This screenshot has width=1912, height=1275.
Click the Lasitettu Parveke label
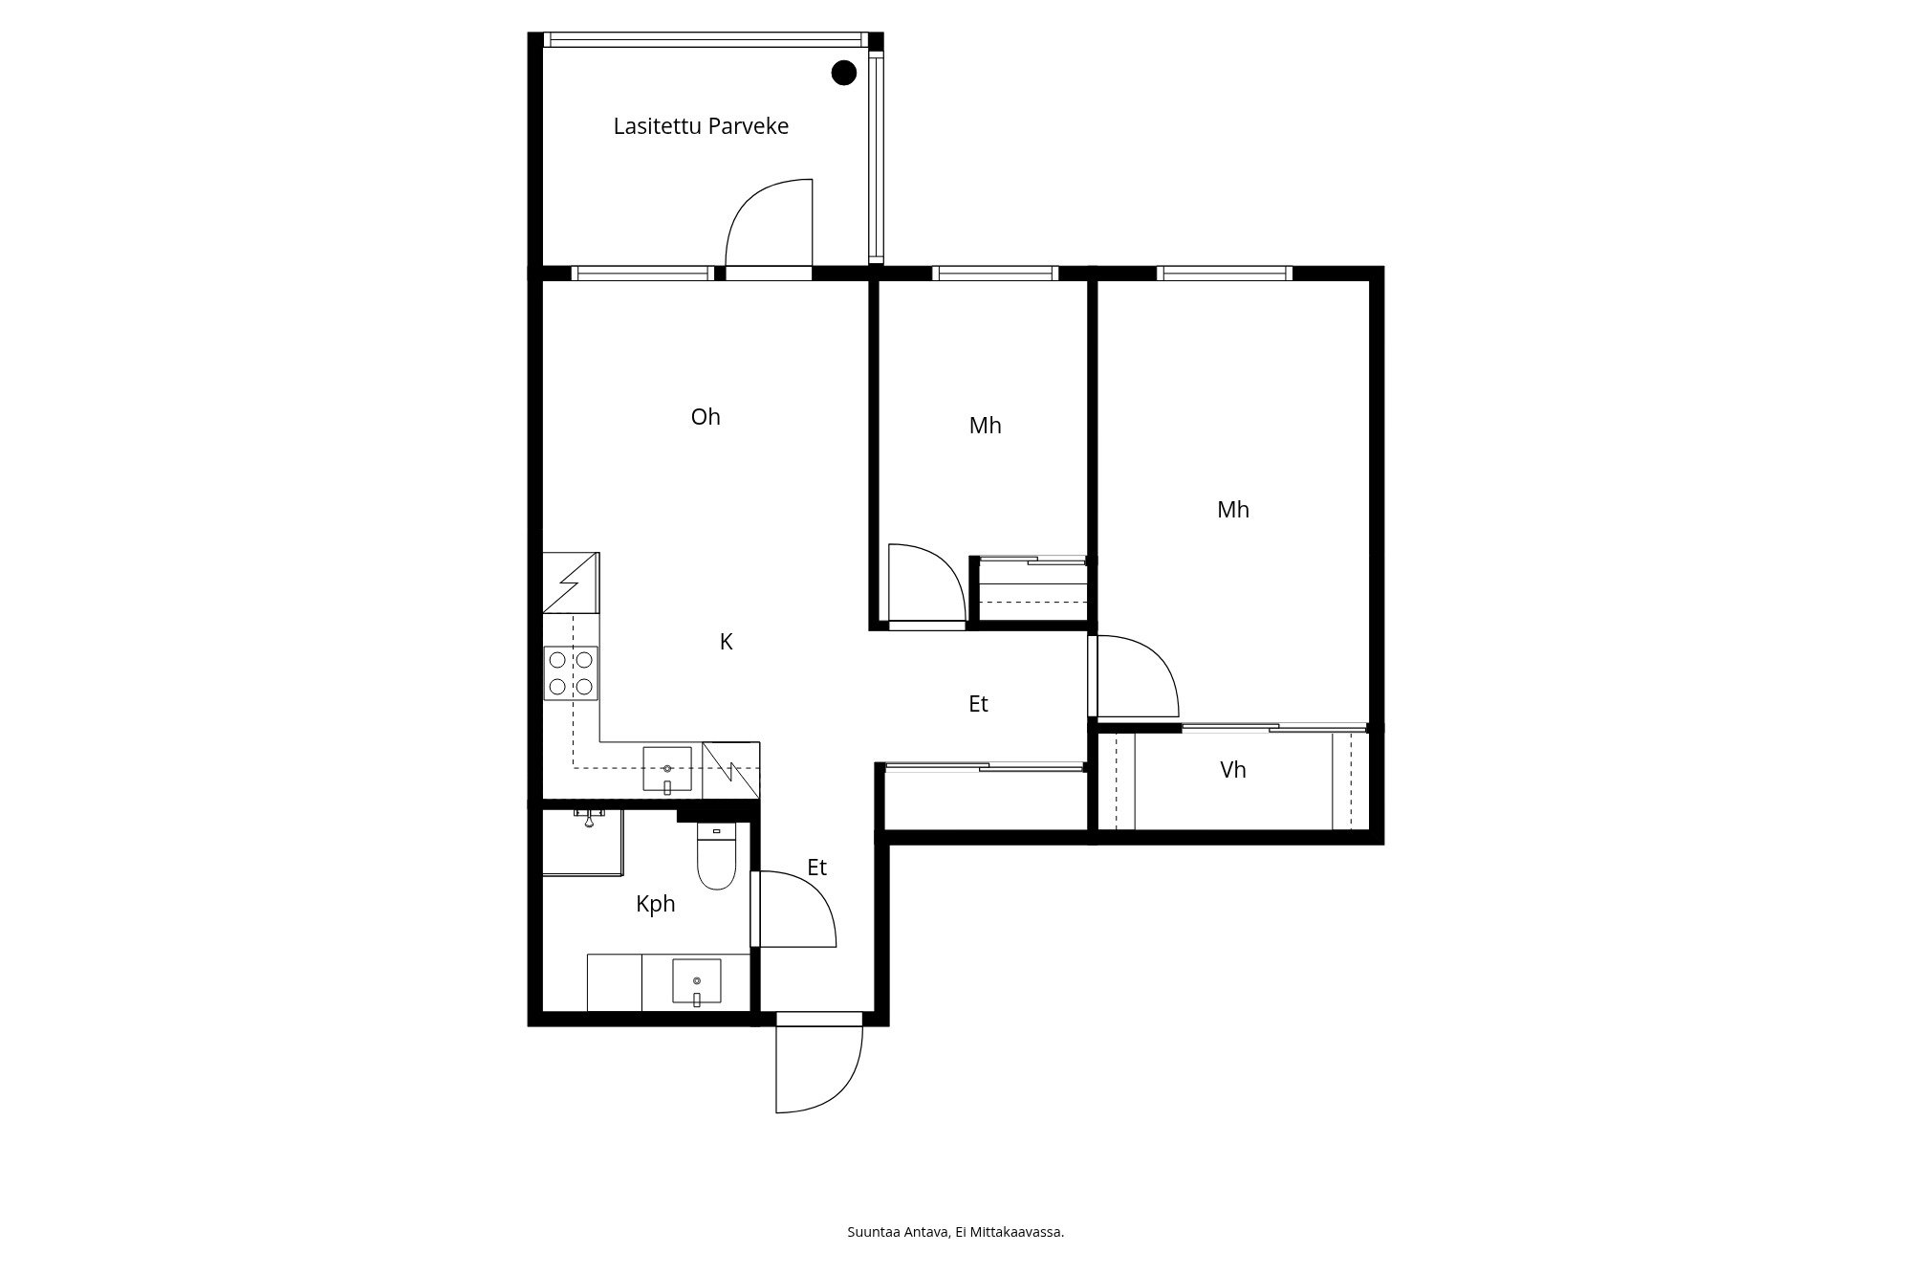pos(701,126)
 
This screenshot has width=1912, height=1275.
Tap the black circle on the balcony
pos(843,73)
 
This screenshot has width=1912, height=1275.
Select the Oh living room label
pos(706,417)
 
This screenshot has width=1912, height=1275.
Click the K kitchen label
pos(726,642)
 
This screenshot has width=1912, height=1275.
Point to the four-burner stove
pos(571,673)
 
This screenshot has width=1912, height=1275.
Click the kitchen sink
pos(667,771)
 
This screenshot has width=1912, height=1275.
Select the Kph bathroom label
pos(656,904)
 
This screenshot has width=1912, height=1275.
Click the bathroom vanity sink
pos(697,983)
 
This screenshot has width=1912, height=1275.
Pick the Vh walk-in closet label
pos(1233,770)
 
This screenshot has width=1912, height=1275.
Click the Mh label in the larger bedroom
pos(1233,510)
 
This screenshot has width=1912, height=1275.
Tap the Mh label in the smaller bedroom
pos(985,426)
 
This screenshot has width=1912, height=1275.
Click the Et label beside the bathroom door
pos(816,868)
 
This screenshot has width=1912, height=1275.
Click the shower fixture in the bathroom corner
pos(590,816)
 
